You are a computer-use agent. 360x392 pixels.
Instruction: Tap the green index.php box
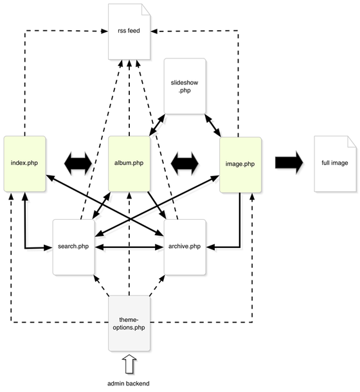[24, 163]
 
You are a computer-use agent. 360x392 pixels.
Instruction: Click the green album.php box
[129, 163]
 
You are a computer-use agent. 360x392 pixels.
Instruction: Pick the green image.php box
[240, 163]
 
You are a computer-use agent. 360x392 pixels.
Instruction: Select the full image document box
[334, 163]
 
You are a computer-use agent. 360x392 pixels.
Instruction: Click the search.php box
[74, 247]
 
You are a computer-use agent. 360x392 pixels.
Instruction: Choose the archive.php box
[184, 247]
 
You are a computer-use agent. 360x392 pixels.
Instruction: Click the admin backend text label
[129, 383]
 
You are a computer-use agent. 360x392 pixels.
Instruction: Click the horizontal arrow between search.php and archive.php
[129, 246]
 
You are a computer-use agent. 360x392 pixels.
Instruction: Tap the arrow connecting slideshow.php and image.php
[214, 125]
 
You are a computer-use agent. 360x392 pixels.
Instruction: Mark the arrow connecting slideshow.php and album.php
[158, 125]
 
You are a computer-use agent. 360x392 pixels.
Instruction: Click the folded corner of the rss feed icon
[147, 10]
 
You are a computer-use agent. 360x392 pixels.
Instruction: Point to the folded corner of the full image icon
[351, 142]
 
